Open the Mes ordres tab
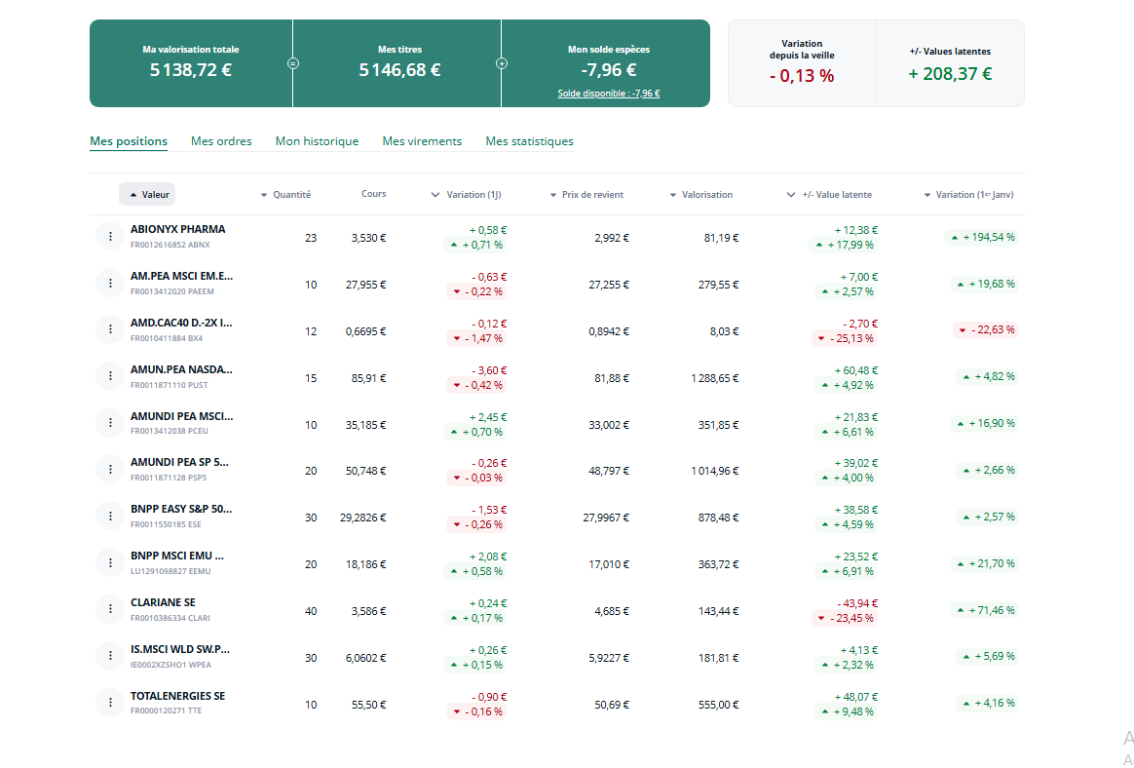(x=221, y=141)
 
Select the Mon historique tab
(x=317, y=141)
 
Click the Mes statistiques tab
(x=529, y=141)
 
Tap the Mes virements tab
(x=422, y=141)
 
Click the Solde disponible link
(x=608, y=94)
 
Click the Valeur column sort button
(x=147, y=194)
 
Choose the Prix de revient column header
(x=590, y=195)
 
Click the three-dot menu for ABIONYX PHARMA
(x=108, y=236)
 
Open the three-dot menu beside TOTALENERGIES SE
(x=108, y=703)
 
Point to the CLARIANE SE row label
(x=163, y=602)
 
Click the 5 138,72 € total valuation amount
(x=191, y=70)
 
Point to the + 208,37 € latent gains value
(x=950, y=74)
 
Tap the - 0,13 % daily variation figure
(x=802, y=76)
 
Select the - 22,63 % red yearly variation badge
(x=985, y=329)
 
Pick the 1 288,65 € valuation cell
(x=714, y=377)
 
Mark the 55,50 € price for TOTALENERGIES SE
(x=369, y=705)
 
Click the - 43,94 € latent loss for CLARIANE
(x=857, y=603)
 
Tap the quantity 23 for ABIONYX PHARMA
(x=311, y=237)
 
